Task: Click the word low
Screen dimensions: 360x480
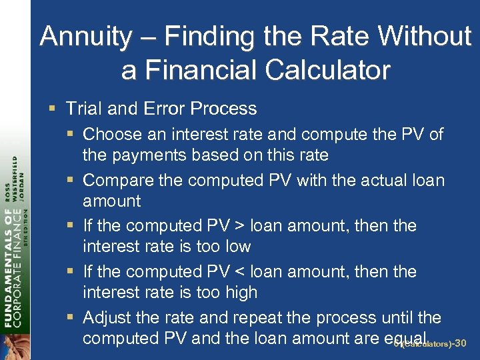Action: coord(236,247)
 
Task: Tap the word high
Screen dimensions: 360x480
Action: coord(240,293)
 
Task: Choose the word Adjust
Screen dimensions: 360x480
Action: coord(107,317)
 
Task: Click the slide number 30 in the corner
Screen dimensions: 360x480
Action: coord(459,343)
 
